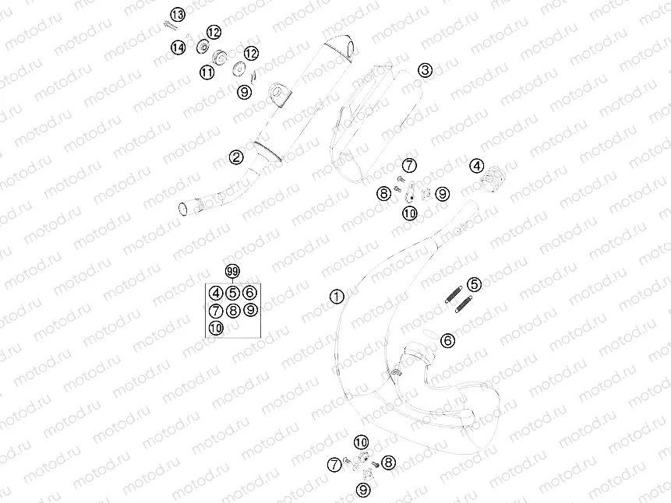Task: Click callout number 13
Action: (177, 15)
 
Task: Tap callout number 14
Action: (178, 47)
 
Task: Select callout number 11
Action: (207, 72)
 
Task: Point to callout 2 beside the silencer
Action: (236, 158)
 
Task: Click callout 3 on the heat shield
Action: (424, 71)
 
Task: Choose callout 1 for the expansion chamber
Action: (337, 296)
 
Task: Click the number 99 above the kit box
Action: (231, 271)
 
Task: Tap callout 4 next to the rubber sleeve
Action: (476, 165)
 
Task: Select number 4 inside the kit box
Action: (216, 293)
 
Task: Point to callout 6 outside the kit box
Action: (447, 339)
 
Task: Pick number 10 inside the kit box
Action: (216, 328)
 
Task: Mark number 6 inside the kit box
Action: (249, 293)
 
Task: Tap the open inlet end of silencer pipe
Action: (185, 209)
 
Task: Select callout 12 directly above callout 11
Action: (214, 32)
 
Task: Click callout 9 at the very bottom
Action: (362, 489)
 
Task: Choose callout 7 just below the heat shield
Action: (409, 164)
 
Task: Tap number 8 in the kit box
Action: (233, 311)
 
